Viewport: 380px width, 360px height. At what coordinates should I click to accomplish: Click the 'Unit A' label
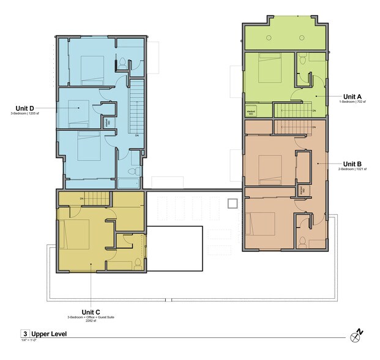352,97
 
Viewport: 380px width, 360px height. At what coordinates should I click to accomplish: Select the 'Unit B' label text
353,163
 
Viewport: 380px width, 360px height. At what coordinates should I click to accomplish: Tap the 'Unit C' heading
91,310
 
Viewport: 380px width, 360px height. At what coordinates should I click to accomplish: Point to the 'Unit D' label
24,108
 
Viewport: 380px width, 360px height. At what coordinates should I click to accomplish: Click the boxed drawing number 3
25,334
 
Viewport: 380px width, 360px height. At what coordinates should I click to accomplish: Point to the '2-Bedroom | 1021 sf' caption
352,170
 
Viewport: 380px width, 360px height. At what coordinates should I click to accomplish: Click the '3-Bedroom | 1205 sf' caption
25,114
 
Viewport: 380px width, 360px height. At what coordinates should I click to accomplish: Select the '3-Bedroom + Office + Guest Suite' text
91,317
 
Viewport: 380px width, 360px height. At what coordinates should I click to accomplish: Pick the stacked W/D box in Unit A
251,112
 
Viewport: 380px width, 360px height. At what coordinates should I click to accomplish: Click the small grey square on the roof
233,203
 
